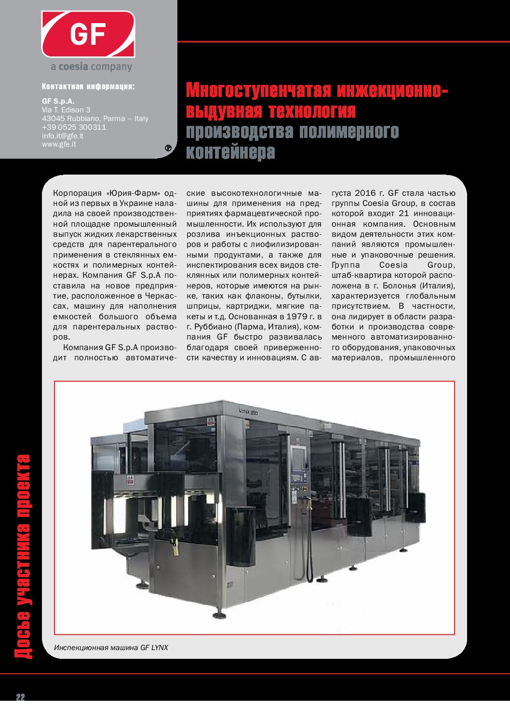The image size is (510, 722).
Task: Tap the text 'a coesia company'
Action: click(91, 67)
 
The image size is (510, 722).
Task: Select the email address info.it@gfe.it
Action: click(62, 136)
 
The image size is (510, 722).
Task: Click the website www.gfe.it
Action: click(59, 144)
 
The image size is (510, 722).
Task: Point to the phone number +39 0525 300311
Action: click(74, 127)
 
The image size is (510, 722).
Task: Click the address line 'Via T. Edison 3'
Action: click(66, 110)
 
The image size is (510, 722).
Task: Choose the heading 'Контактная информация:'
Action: click(88, 87)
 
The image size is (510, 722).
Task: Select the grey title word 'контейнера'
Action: click(230, 152)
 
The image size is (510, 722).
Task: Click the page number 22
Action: click(20, 697)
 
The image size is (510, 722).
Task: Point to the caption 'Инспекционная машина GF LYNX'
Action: click(111, 647)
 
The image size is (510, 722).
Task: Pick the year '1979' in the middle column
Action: click(297, 317)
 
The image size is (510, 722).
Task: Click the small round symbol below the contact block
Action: click(168, 148)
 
